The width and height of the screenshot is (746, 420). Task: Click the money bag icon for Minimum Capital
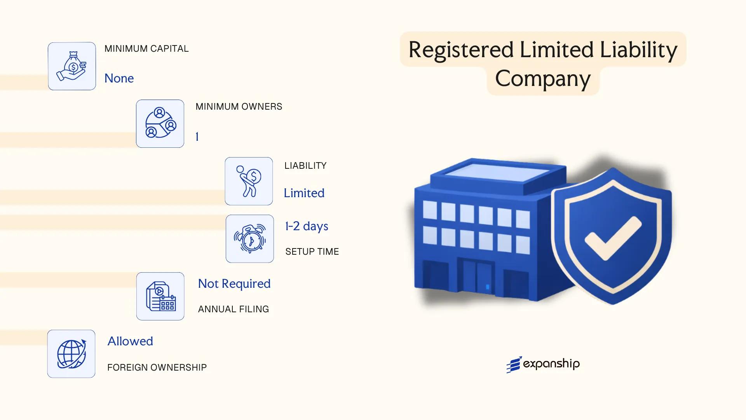[72, 66]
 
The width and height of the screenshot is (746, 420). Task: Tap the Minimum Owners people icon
[160, 124]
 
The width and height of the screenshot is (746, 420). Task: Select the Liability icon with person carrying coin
[249, 181]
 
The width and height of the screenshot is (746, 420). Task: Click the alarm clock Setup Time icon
[250, 239]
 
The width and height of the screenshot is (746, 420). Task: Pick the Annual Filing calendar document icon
[160, 296]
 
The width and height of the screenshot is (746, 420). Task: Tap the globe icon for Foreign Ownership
[71, 354]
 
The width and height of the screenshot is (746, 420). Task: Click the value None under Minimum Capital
[119, 79]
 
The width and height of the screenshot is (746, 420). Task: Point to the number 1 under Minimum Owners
[197, 137]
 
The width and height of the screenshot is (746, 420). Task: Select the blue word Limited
[304, 193]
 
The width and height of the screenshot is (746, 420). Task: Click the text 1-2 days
[307, 226]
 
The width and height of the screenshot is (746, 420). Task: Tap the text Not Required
[234, 284]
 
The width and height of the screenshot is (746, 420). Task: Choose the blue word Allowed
[130, 341]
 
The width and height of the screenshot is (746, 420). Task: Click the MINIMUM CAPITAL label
[146, 49]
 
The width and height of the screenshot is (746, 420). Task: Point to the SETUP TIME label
[312, 252]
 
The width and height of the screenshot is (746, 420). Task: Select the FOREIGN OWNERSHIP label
[157, 367]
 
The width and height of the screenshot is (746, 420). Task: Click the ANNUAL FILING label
[234, 309]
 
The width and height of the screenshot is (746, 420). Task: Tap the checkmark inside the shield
[613, 238]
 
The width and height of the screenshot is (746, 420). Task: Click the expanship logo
[543, 364]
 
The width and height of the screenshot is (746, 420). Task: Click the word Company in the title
[543, 79]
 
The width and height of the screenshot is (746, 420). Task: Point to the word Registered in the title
[461, 50]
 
